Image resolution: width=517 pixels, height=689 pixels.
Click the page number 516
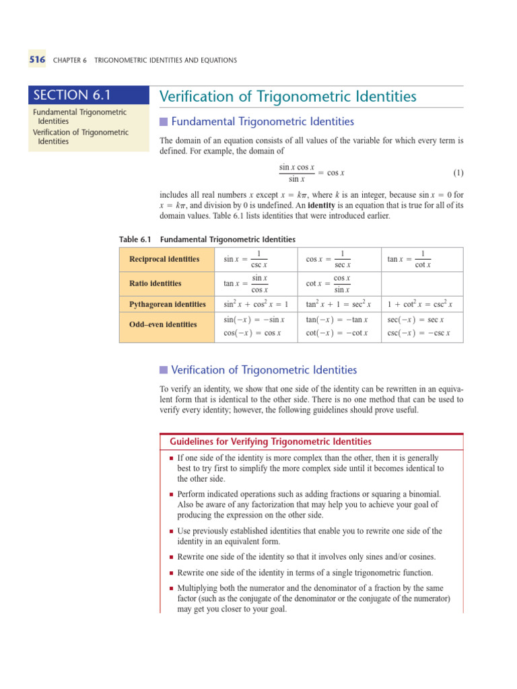36,60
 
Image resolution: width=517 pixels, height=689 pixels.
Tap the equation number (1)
458,173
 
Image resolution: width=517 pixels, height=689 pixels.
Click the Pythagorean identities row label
167,305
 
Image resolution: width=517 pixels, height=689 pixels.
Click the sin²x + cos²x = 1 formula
255,305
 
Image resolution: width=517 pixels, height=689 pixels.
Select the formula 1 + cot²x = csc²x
420,305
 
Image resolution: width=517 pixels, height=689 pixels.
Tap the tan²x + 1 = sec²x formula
338,305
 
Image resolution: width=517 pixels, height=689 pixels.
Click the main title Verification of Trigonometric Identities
287,97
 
